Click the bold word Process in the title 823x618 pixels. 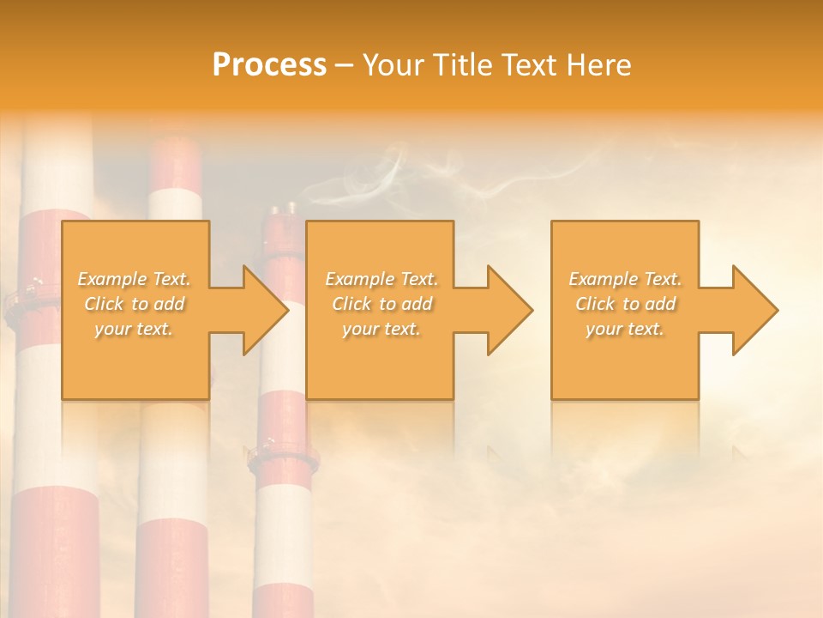click(x=269, y=65)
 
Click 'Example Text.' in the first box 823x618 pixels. click(x=134, y=279)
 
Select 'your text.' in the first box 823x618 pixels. click(x=134, y=329)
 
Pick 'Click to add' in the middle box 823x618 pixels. click(x=381, y=304)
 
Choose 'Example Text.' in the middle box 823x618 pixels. click(x=381, y=279)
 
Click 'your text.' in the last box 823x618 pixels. click(x=625, y=329)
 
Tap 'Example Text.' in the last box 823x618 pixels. click(x=625, y=279)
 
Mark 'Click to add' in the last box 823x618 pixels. click(x=625, y=304)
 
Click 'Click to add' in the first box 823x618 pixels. click(x=134, y=304)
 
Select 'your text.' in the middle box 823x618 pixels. click(x=381, y=329)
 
